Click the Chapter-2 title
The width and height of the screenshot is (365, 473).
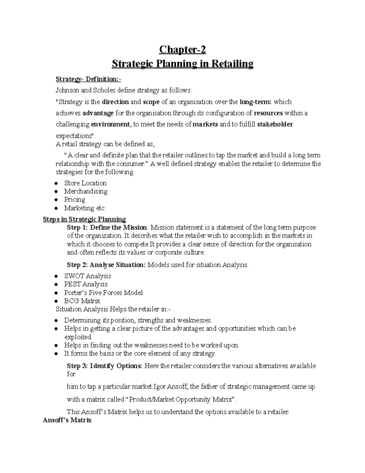point(182,49)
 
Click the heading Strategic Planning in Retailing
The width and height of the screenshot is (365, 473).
point(182,64)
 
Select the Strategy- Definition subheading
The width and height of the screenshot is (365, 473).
point(88,79)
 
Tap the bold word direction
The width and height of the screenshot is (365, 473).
point(116,102)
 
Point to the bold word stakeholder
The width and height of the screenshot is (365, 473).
point(275,124)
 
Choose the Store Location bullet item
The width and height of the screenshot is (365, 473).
point(85,183)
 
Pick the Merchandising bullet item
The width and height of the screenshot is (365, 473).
point(85,191)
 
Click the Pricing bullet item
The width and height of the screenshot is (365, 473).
point(75,199)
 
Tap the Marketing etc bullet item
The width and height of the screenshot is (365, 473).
point(84,208)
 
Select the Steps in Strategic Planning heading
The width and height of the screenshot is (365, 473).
point(84,219)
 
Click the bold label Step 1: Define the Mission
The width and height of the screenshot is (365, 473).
point(107,228)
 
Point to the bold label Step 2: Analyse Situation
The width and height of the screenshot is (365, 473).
point(106,265)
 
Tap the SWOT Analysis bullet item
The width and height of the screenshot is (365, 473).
point(87,276)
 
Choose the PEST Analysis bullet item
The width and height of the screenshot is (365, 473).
point(85,284)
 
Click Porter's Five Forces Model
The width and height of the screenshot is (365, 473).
point(103,293)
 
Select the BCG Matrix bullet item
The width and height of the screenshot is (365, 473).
point(82,301)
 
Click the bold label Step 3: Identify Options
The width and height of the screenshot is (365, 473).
point(104,366)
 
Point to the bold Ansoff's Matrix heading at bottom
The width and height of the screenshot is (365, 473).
point(67,420)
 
